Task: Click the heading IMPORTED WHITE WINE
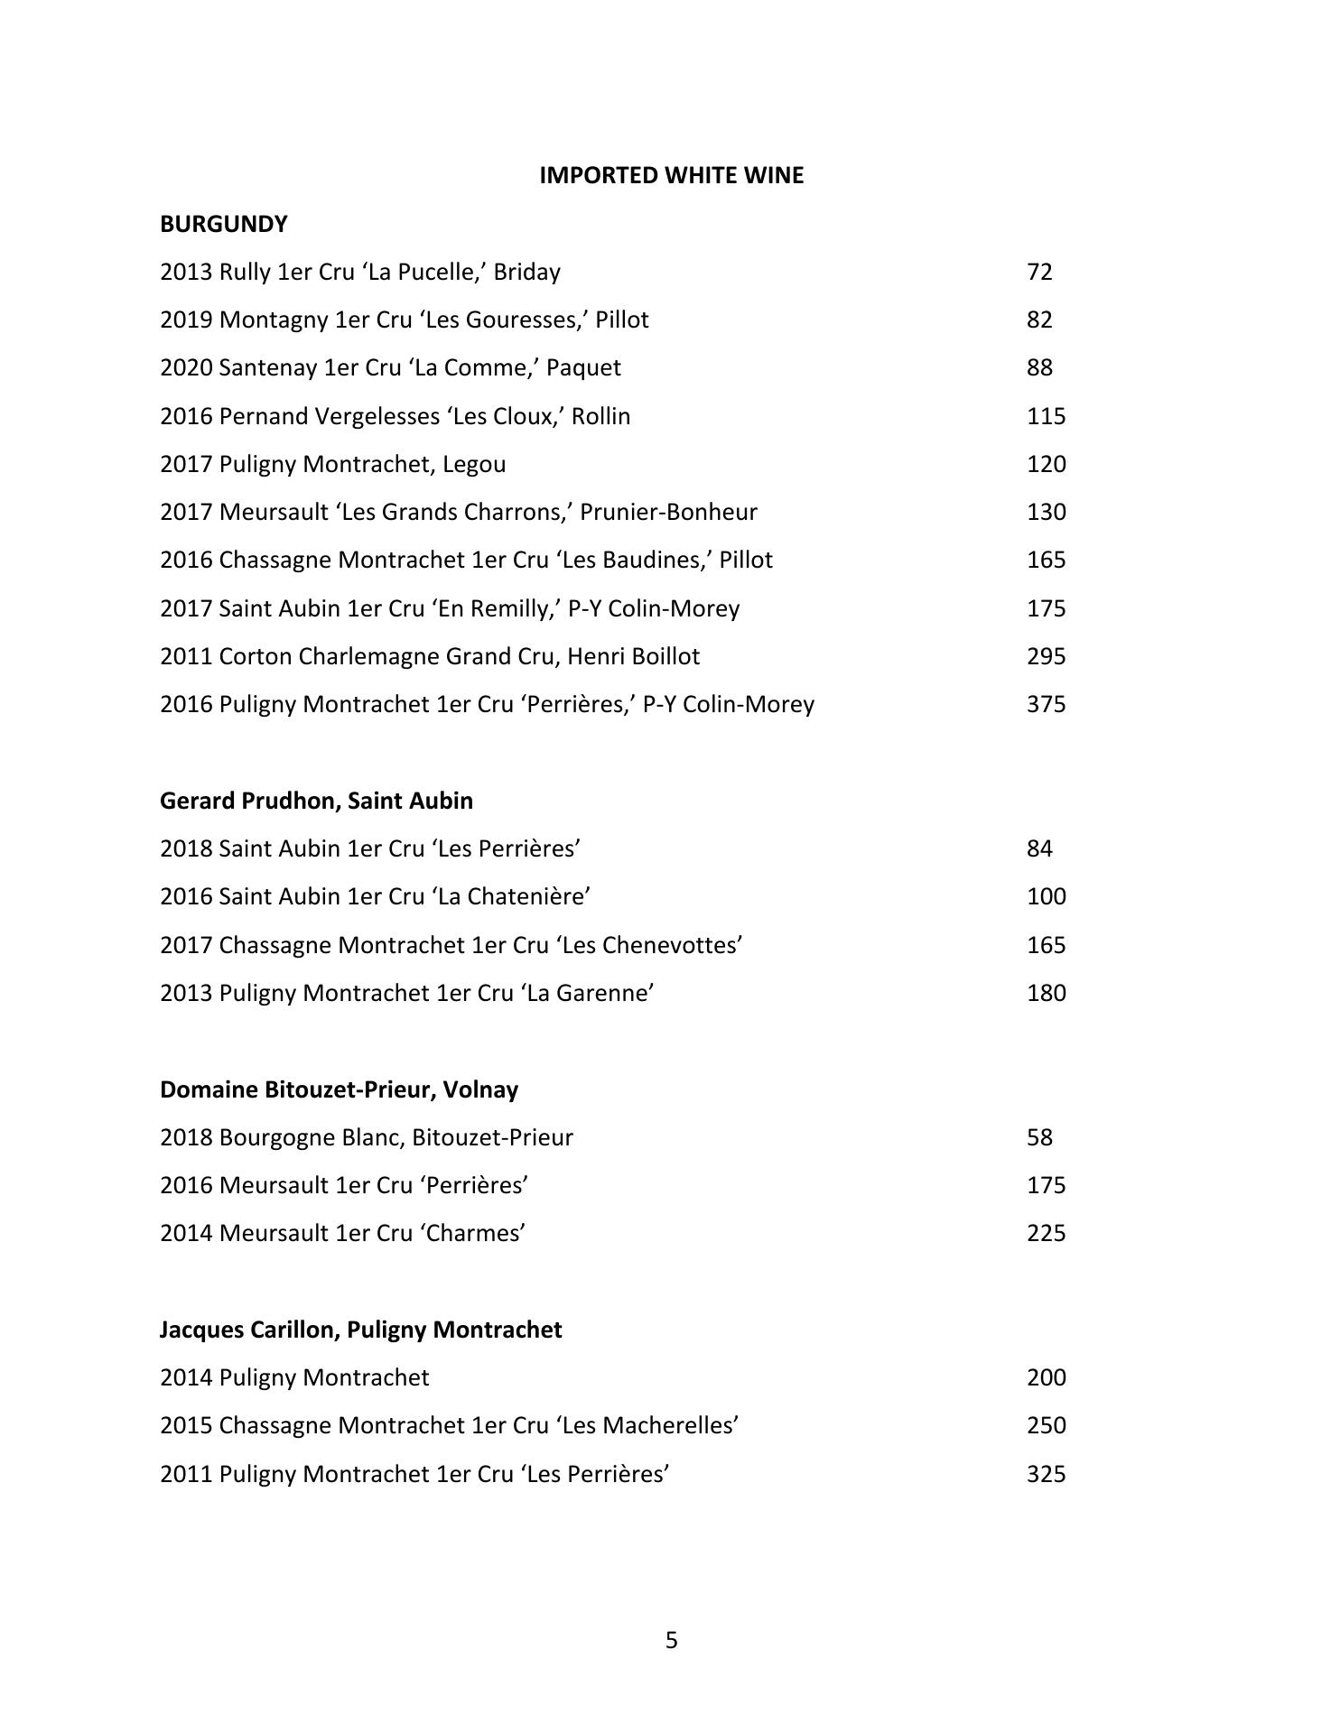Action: coord(671,175)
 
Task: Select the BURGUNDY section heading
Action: coord(224,224)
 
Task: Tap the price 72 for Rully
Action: coord(1039,272)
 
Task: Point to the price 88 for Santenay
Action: coord(1039,368)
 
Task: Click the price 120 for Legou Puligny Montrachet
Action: coord(1046,464)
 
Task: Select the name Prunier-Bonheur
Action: coord(668,512)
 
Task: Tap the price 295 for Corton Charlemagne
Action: coord(1046,656)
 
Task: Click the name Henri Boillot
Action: coord(633,656)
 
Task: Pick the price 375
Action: coord(1046,704)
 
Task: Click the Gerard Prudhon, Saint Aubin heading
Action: coord(316,801)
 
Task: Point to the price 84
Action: coord(1039,848)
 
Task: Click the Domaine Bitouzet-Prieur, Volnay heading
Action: coord(339,1089)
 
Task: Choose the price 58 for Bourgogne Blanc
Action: coord(1039,1137)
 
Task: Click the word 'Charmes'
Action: coord(473,1233)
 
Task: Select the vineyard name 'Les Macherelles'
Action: coord(647,1425)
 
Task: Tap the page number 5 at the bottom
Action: coord(671,1640)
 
